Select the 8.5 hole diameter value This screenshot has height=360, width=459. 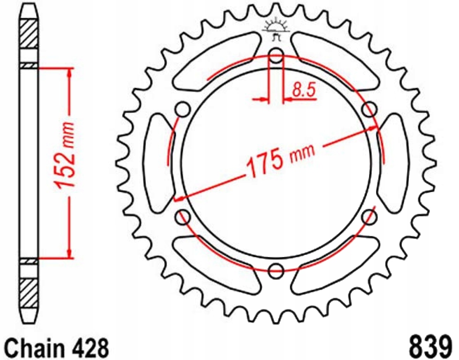[303, 90]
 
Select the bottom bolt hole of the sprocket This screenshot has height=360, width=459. [277, 270]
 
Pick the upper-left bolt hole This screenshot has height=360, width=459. [182, 110]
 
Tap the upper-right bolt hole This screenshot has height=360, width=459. [370, 110]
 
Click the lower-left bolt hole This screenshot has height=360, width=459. [182, 216]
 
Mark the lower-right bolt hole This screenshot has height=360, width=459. [371, 216]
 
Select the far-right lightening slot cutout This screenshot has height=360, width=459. [394, 162]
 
